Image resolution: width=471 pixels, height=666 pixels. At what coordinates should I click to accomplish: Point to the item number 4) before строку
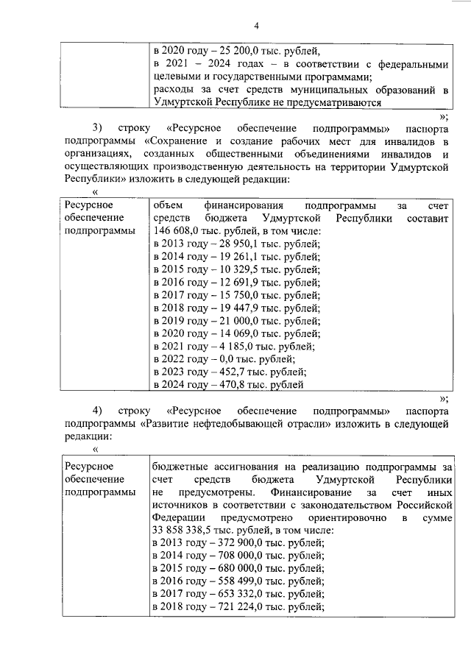(x=97, y=409)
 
